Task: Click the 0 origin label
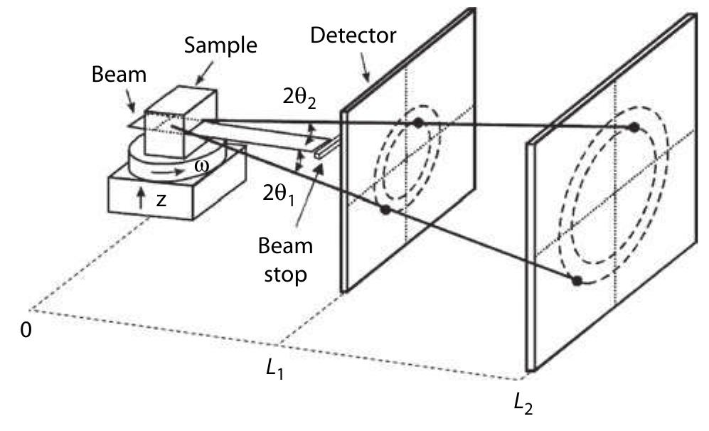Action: pyautogui.click(x=26, y=331)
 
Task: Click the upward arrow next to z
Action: pyautogui.click(x=141, y=199)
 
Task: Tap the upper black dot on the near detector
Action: pyautogui.click(x=418, y=123)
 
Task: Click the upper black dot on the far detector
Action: pyautogui.click(x=633, y=127)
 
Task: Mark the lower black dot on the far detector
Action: pyautogui.click(x=577, y=280)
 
